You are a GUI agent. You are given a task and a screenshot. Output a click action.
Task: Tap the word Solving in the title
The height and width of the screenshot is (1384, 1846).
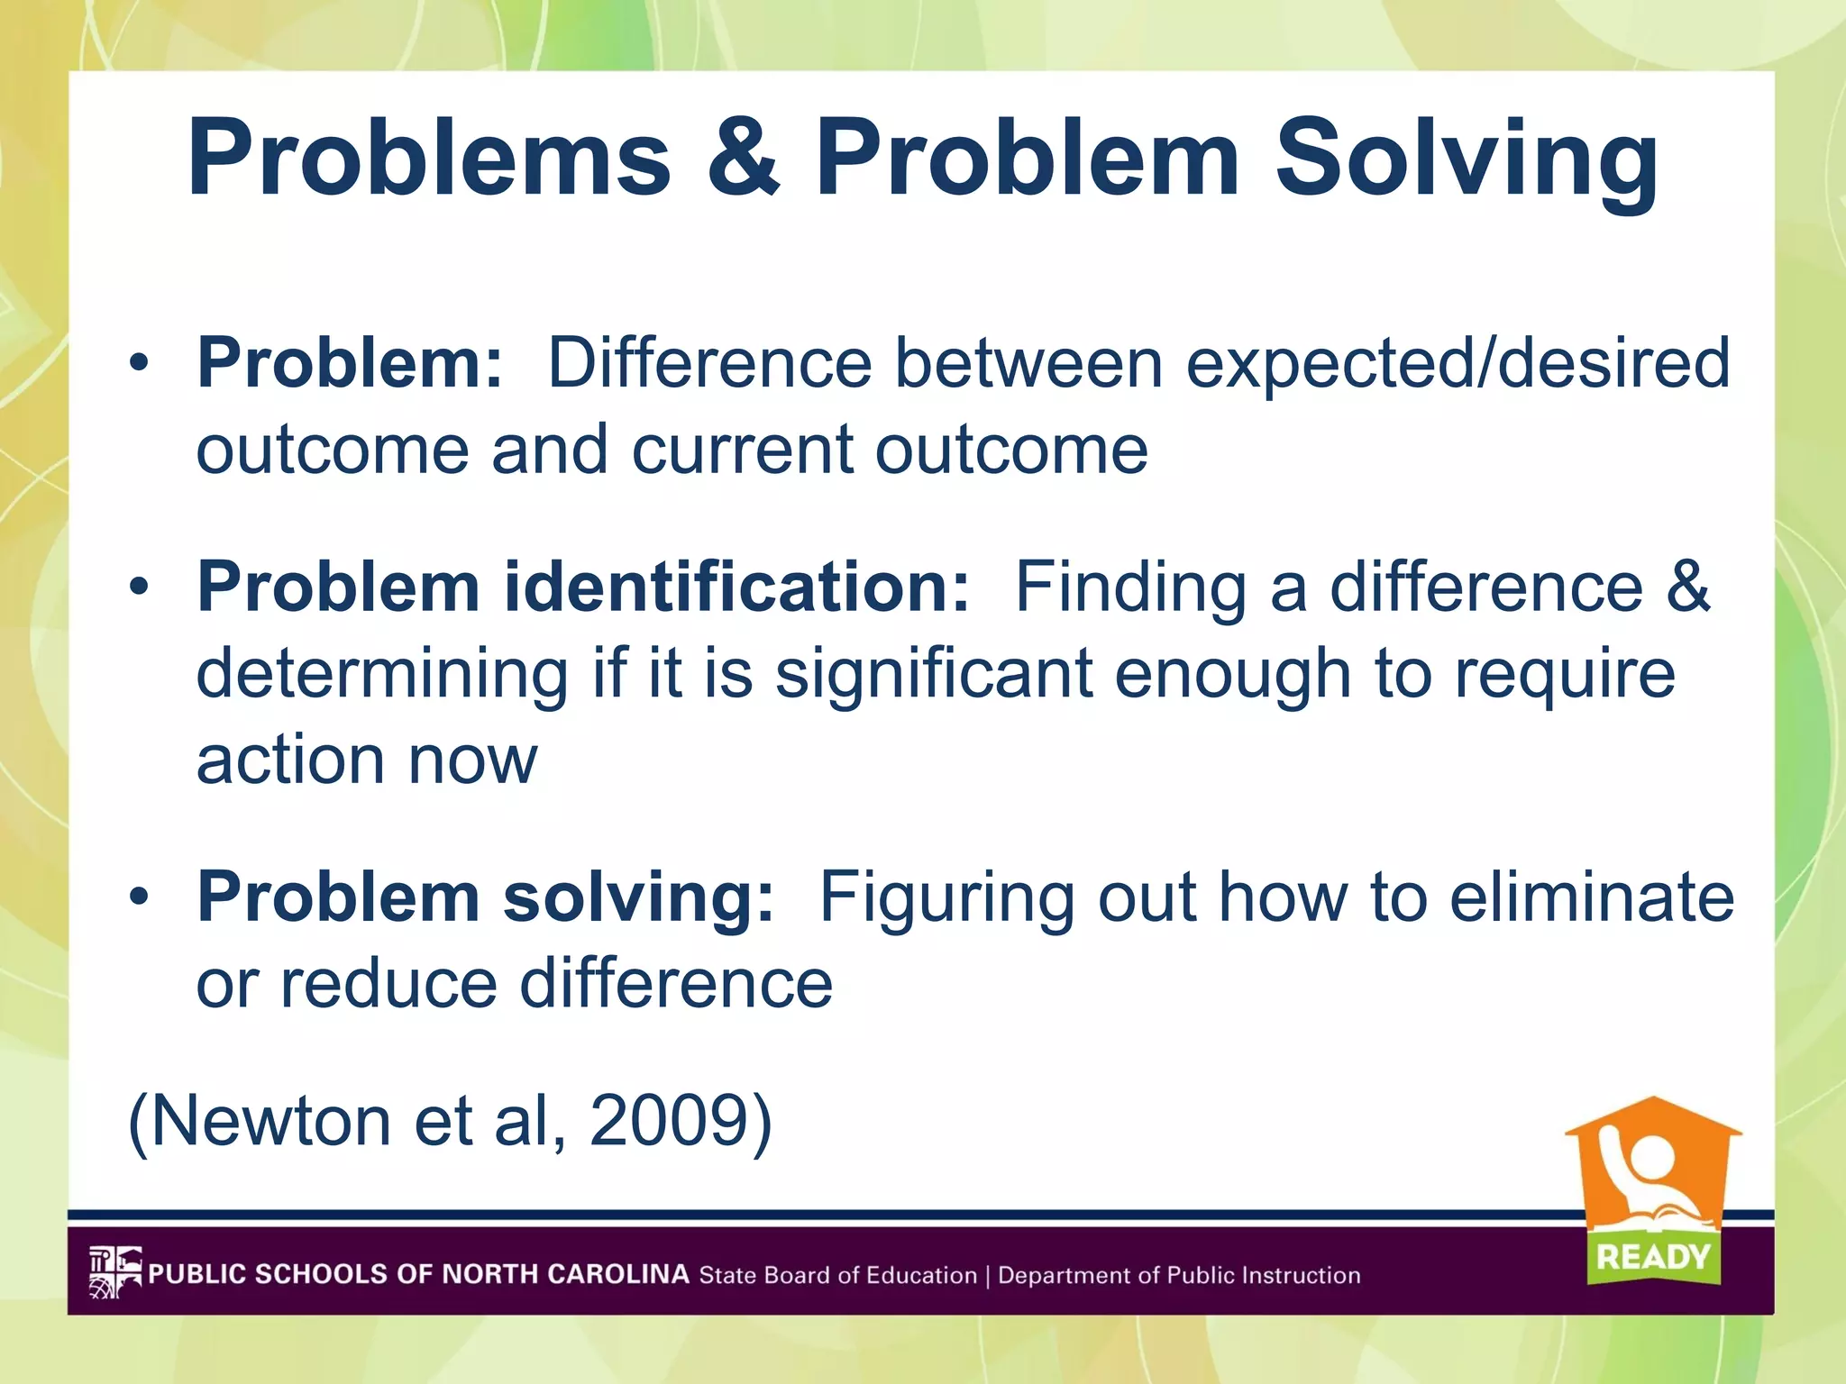tap(1466, 160)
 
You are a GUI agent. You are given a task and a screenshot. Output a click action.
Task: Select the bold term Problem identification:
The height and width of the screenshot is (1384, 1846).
tap(582, 587)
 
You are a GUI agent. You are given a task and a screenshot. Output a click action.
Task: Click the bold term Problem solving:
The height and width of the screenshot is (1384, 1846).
tap(485, 897)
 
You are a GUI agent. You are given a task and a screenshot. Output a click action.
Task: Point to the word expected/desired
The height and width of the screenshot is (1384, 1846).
tap(1457, 363)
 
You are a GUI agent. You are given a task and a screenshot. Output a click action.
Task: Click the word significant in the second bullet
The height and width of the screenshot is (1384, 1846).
tap(933, 674)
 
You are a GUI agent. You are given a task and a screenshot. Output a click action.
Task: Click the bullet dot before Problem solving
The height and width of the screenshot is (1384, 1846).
tap(138, 897)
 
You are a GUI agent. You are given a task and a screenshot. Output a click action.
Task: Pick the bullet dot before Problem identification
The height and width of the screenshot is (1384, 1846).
tap(138, 587)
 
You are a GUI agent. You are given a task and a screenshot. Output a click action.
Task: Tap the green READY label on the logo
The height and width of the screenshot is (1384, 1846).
tap(1653, 1256)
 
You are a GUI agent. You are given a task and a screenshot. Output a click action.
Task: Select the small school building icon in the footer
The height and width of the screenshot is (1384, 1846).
tap(114, 1272)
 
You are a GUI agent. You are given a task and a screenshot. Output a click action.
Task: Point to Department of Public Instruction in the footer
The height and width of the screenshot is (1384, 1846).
tap(1178, 1275)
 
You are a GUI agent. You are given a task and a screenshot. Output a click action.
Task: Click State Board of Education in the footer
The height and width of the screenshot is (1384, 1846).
tap(837, 1275)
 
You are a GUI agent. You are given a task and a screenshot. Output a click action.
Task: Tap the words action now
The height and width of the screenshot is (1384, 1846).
tap(366, 760)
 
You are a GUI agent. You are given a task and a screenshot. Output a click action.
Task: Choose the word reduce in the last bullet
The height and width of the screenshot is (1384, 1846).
tap(388, 984)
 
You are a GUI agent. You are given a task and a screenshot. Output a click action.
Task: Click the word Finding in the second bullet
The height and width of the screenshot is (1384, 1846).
tap(1130, 588)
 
